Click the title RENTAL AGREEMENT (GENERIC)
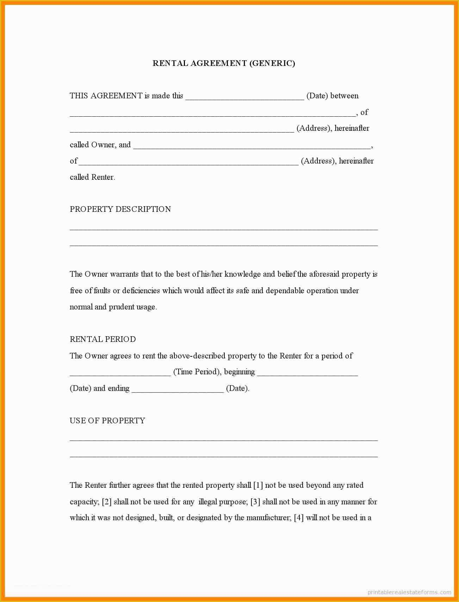tap(224, 63)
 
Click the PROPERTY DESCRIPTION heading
tap(120, 209)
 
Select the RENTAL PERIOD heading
tap(103, 339)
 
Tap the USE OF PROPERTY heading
tap(107, 421)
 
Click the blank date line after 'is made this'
tap(244, 98)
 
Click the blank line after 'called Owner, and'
tap(252, 147)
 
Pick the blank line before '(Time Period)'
tap(120, 374)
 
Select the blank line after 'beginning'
tap(307, 374)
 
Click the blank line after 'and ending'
tap(178, 391)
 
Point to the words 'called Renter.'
tap(92, 177)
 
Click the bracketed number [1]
tap(258, 485)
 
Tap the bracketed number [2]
tap(107, 502)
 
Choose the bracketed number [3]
tap(255, 502)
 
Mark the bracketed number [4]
tap(299, 518)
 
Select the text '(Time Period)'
tap(196, 372)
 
